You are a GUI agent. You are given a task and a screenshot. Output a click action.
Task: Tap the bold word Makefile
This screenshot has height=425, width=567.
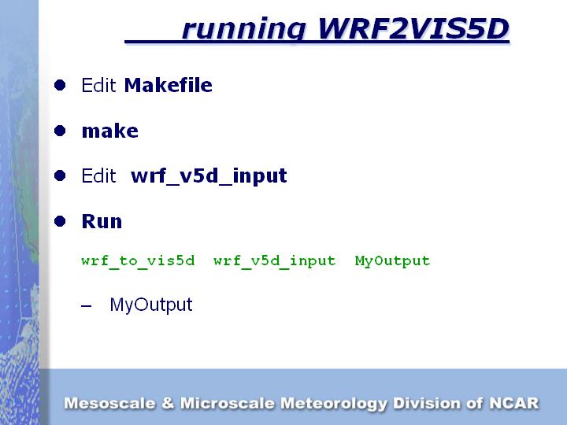pyautogui.click(x=169, y=85)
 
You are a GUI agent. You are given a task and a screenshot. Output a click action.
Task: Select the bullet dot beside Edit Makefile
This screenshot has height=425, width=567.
pyautogui.click(x=60, y=85)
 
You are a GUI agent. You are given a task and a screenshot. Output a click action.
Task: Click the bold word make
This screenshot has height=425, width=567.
pyautogui.click(x=109, y=131)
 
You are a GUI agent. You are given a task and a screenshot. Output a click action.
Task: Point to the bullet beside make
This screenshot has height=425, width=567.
pyautogui.click(x=60, y=131)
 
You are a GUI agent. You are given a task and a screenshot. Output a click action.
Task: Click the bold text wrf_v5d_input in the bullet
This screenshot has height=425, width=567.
pyautogui.click(x=209, y=176)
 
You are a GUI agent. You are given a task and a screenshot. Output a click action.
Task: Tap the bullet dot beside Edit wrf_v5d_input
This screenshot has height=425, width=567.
pyautogui.click(x=60, y=176)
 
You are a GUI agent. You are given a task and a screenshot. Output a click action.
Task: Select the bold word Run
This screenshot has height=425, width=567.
pyautogui.click(x=102, y=221)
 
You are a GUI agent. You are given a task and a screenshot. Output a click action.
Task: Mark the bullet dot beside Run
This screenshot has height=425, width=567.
pyautogui.click(x=60, y=221)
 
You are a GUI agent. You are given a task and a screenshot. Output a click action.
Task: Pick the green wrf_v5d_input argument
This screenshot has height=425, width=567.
pyautogui.click(x=274, y=261)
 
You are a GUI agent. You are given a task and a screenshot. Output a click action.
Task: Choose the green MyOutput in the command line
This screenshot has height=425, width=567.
pyautogui.click(x=392, y=261)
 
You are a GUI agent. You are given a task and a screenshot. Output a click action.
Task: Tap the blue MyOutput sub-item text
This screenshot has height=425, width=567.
pyautogui.click(x=151, y=305)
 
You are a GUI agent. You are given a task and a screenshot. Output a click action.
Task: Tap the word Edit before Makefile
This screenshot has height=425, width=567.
pyautogui.click(x=99, y=85)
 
